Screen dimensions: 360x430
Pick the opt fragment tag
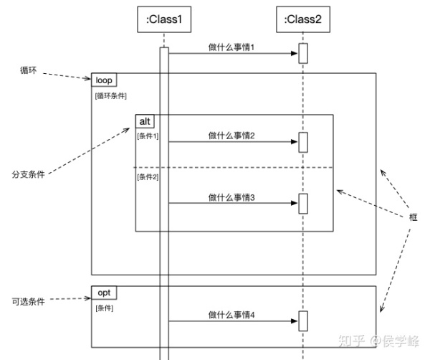click(x=105, y=293)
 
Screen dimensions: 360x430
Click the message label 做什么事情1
click(x=232, y=47)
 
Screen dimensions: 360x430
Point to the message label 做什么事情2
click(x=232, y=135)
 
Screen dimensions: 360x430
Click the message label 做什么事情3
click(x=232, y=196)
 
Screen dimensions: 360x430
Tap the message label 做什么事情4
click(x=232, y=314)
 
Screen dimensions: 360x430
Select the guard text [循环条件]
click(x=111, y=95)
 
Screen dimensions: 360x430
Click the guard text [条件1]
click(x=148, y=136)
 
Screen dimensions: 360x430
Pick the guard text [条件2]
click(x=148, y=177)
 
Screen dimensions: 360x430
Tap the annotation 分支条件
click(x=28, y=174)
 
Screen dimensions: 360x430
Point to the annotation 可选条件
click(x=28, y=302)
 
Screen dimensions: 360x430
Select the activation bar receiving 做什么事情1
click(x=303, y=54)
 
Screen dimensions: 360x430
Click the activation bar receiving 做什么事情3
click(x=303, y=204)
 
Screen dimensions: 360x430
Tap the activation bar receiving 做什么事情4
click(x=303, y=321)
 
